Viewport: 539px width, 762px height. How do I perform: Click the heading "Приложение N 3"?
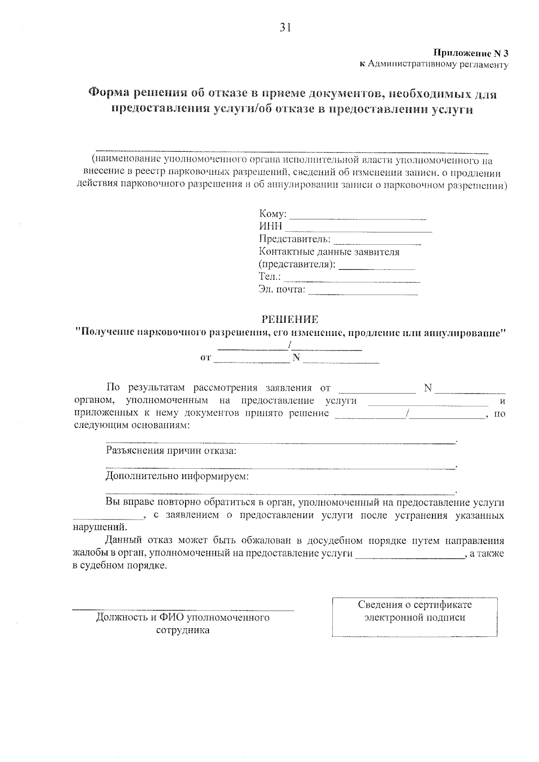point(470,53)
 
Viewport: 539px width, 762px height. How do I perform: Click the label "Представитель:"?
point(295,239)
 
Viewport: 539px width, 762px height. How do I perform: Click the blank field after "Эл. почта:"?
point(363,293)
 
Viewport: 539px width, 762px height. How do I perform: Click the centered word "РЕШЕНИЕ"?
point(290,319)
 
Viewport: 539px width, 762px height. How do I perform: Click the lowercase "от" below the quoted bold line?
point(205,358)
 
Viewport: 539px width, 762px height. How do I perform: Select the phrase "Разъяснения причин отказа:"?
point(171,451)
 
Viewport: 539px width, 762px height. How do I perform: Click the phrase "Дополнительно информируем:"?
point(177,476)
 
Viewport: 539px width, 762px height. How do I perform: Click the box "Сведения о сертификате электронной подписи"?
point(415,617)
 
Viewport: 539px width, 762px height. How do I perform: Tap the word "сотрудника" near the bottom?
point(182,630)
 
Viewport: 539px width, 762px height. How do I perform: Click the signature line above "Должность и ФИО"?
point(183,609)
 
